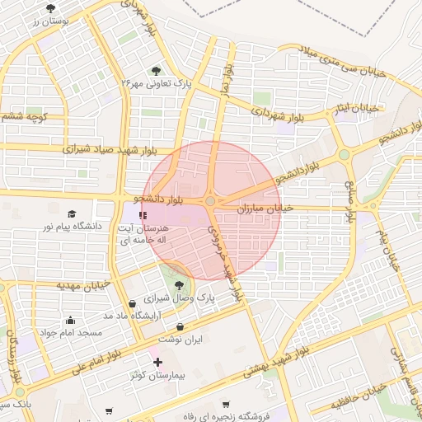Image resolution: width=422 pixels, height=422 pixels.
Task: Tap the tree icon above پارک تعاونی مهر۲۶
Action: (157, 71)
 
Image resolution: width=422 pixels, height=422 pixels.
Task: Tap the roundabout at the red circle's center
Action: (211, 201)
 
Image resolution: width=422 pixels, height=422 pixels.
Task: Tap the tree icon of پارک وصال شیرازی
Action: (179, 285)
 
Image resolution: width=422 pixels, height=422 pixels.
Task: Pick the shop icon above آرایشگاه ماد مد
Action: (133, 303)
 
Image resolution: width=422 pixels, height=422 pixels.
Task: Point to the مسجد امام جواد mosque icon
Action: (70, 320)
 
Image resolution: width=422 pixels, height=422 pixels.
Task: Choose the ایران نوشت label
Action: (180, 339)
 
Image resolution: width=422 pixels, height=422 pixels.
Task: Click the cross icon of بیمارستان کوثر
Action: (157, 362)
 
